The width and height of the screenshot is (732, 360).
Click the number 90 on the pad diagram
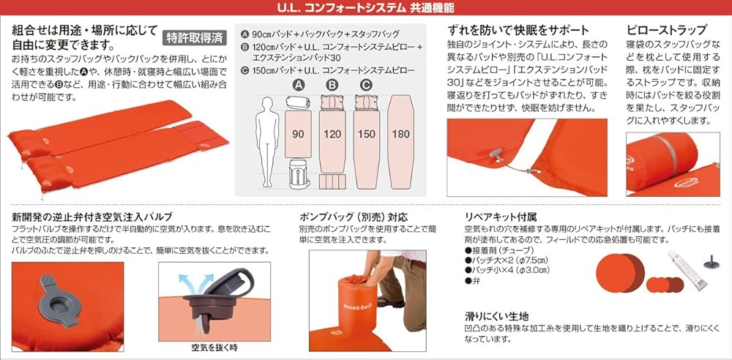[x=298, y=134]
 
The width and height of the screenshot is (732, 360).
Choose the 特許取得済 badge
[x=193, y=37]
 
